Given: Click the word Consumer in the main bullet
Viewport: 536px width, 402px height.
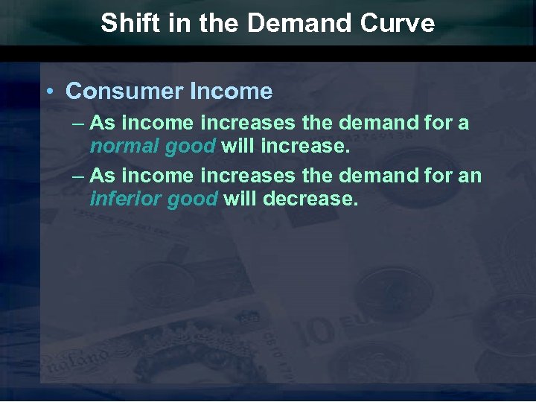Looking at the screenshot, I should [x=124, y=92].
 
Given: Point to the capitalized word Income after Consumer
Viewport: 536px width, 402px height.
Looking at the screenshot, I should [x=232, y=92].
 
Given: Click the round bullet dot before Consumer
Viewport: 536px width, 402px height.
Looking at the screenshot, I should [x=48, y=92].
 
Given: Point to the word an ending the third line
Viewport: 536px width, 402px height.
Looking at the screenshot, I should [x=470, y=177].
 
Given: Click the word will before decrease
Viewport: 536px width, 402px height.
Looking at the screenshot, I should [x=240, y=199].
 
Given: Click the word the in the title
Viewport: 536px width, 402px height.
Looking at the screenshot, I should [x=220, y=23].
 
